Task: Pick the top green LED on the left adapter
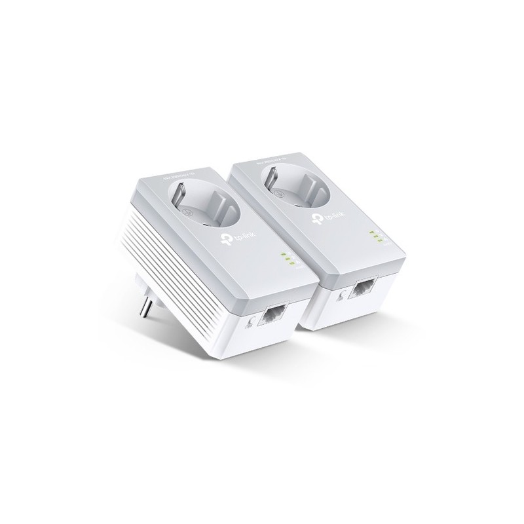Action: tap(282, 254)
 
